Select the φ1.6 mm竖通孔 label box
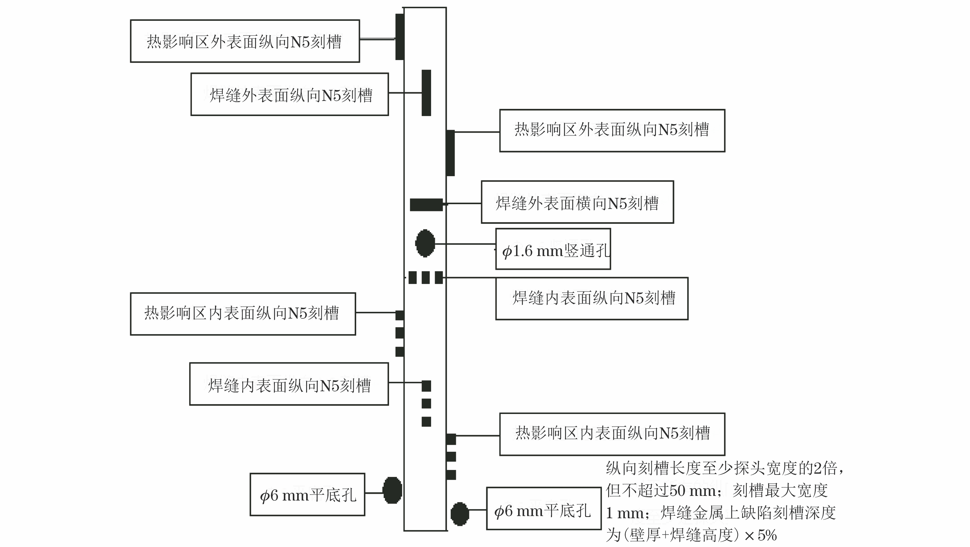[553, 249]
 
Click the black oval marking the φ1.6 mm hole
[425, 243]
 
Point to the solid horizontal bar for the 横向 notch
[426, 205]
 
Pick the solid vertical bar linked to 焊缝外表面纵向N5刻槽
[426, 93]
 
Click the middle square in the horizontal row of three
[425, 278]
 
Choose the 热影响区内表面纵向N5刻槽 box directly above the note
[612, 434]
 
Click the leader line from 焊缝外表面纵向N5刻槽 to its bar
[405, 93]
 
